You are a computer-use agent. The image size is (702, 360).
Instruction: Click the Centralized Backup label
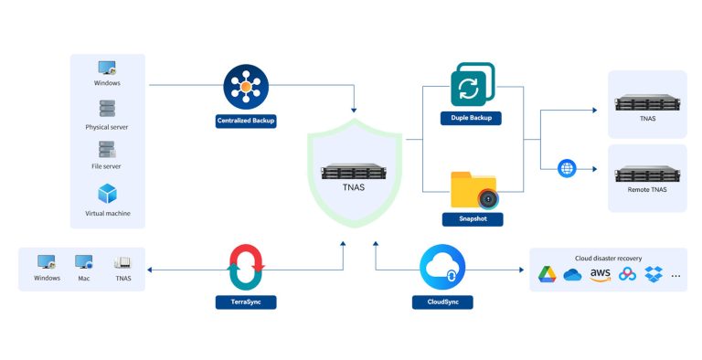246,121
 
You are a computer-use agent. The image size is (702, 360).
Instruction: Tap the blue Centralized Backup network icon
246,86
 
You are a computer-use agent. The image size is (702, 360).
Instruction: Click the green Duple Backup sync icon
472,85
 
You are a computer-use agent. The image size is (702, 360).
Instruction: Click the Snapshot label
473,219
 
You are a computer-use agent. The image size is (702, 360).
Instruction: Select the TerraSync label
246,301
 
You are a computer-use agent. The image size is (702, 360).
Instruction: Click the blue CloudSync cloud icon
443,267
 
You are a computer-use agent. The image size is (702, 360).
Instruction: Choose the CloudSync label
443,301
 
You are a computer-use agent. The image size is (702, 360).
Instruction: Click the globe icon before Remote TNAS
567,168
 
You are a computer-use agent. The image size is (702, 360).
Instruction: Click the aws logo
600,274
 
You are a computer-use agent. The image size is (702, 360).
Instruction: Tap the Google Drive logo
547,274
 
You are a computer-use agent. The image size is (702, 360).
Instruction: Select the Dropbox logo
653,274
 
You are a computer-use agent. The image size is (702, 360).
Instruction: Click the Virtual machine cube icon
108,194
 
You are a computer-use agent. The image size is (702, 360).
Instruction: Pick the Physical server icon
108,109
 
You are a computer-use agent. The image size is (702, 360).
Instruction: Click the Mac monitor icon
84,262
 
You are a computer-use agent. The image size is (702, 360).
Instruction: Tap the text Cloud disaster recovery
608,258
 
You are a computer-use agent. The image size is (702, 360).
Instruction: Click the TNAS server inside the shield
356,171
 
